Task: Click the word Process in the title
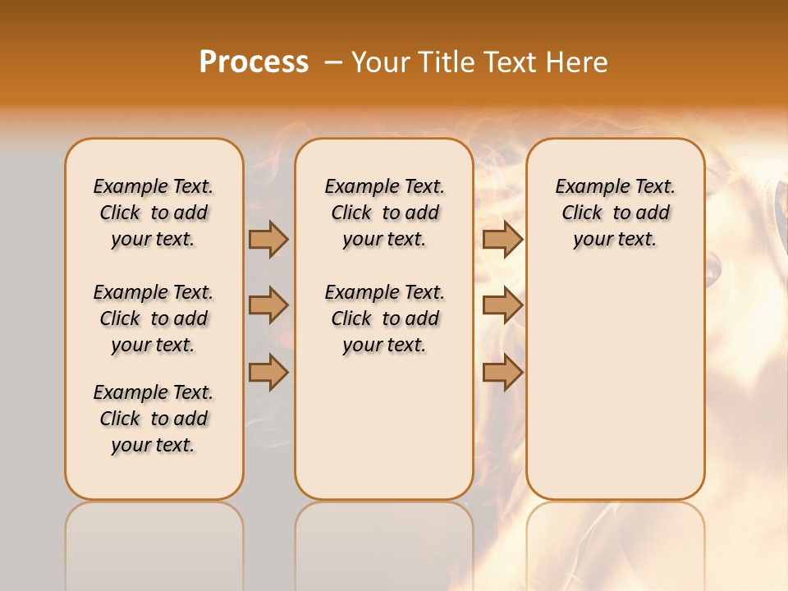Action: [254, 62]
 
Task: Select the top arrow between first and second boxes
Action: [268, 239]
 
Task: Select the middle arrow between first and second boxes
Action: [268, 306]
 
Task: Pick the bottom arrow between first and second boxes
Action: [268, 373]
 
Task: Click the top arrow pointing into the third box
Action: [502, 239]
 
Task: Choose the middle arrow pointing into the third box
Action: [502, 306]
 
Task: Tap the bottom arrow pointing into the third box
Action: [502, 373]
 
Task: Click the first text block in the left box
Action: [153, 213]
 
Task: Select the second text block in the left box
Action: [153, 318]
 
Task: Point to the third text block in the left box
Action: [153, 419]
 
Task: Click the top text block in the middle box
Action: [385, 213]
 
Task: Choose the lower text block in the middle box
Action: [385, 318]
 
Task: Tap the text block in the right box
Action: [616, 213]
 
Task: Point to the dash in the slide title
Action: [334, 62]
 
